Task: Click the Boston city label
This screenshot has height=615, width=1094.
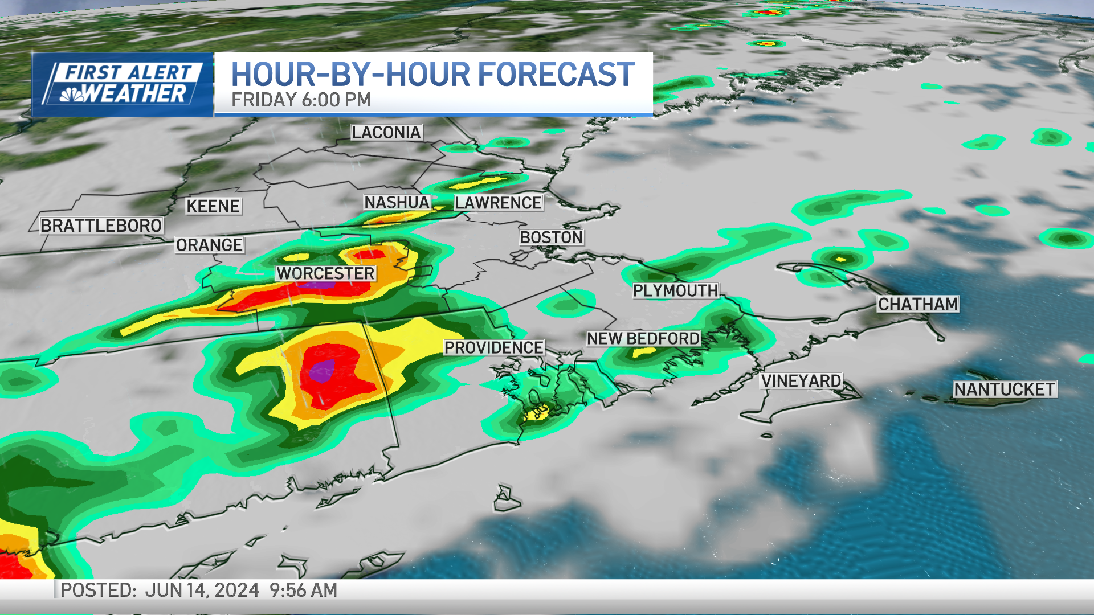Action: click(551, 237)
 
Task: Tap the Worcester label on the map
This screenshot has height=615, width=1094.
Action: click(325, 273)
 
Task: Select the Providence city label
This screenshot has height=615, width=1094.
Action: click(493, 347)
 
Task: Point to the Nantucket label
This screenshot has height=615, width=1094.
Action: click(1005, 389)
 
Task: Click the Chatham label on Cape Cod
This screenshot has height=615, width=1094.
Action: click(918, 304)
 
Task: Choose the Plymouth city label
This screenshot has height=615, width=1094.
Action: click(675, 290)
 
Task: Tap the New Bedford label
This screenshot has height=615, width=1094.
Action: click(643, 339)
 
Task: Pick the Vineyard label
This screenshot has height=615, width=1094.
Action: click(801, 381)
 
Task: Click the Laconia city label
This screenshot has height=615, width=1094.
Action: click(386, 133)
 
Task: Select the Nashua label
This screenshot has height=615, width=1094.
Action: click(397, 202)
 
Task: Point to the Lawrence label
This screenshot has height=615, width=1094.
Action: click(498, 203)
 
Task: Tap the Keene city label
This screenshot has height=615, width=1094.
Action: click(213, 206)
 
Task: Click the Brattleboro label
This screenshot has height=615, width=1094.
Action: click(101, 225)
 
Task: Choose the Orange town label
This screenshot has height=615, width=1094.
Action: click(209, 245)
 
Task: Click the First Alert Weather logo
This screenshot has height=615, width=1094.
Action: click(123, 84)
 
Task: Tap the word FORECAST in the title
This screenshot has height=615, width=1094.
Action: click(556, 75)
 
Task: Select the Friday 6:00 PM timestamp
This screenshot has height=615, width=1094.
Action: click(301, 100)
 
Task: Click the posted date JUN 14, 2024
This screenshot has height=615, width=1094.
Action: click(202, 590)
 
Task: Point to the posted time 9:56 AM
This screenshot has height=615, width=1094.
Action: click(303, 590)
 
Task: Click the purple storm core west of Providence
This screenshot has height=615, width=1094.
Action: click(323, 371)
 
